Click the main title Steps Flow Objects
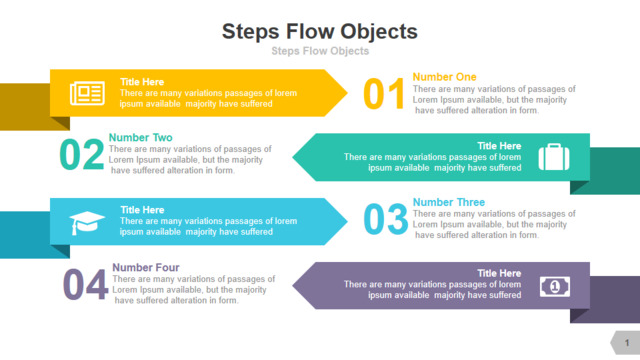tap(320, 32)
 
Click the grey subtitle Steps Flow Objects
tap(320, 51)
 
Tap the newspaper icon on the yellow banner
tap(87, 93)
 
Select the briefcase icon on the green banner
tap(554, 157)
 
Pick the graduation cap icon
tap(87, 223)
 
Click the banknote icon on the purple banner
tap(555, 287)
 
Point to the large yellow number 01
tap(384, 94)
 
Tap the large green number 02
tap(82, 154)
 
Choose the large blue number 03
tap(385, 219)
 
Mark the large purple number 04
tap(85, 284)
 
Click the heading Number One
tap(444, 77)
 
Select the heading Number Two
tap(140, 137)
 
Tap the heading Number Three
tap(449, 202)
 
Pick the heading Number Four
tap(146, 267)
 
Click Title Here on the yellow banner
tap(142, 82)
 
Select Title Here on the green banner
tap(499, 146)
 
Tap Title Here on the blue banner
tap(142, 210)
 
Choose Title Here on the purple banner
tap(499, 273)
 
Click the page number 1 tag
tap(626, 343)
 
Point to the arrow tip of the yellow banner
tap(347, 93)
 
